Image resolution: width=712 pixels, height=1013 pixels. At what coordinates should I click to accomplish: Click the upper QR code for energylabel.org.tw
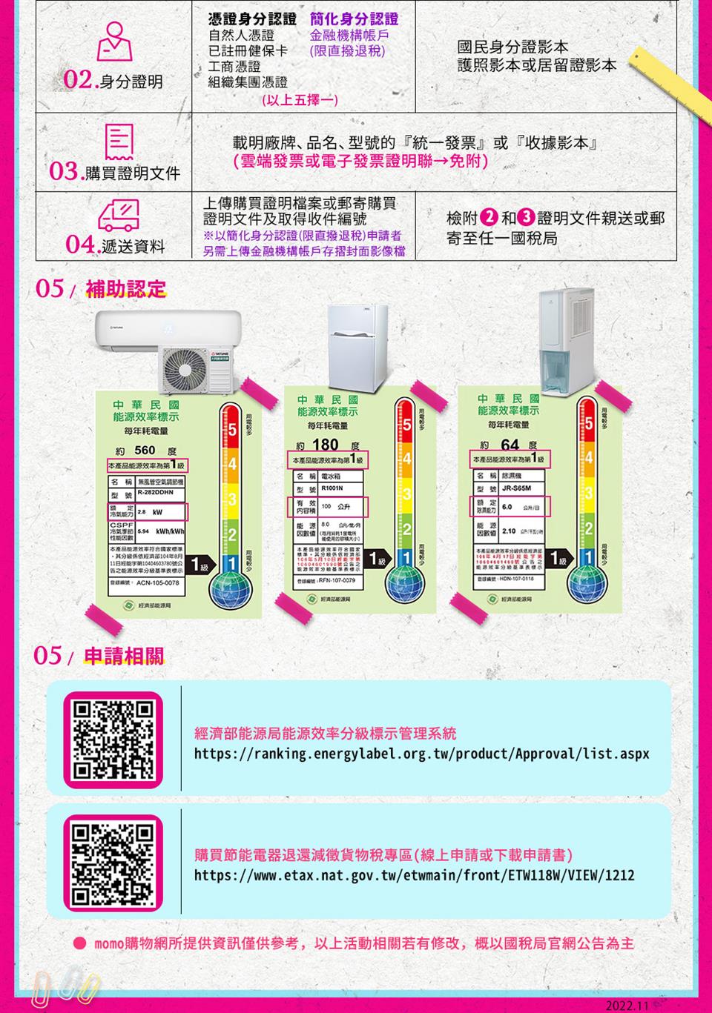click(113, 740)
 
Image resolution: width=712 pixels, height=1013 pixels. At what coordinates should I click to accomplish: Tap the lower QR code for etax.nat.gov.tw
click(113, 862)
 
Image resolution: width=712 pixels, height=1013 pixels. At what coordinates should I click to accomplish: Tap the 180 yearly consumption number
click(326, 445)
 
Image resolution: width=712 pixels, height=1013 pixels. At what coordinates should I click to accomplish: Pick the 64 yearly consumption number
click(510, 445)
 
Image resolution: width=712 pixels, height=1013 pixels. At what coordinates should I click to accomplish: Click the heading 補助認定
click(125, 288)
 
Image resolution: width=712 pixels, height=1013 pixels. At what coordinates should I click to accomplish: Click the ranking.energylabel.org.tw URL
click(421, 754)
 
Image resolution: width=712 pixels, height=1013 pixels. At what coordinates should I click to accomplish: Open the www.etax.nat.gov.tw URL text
click(414, 876)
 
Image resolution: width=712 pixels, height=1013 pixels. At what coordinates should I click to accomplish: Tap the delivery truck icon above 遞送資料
click(119, 216)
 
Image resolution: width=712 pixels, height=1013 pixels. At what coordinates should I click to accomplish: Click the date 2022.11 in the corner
click(627, 1005)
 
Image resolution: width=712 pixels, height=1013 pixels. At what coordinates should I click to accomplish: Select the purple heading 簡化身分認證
click(355, 19)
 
